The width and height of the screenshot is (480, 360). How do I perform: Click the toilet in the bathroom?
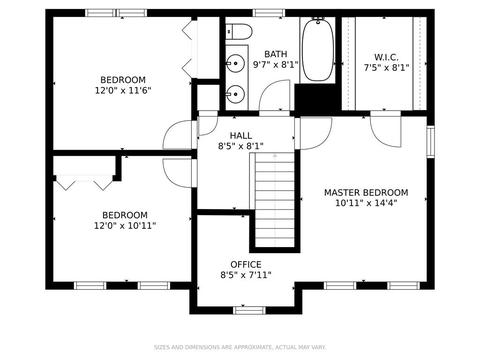[x=239, y=32]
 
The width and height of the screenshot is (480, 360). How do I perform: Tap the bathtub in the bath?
[x=318, y=49]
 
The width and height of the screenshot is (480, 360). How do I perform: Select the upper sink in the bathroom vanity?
[x=235, y=63]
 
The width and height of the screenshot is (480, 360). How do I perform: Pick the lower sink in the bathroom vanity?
[x=236, y=94]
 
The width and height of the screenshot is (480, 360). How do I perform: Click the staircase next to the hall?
[x=273, y=200]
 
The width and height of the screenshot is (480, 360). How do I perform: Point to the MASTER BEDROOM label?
[x=366, y=192]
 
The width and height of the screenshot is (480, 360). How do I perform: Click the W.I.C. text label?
[x=386, y=57]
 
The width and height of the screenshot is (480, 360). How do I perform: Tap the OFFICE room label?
[x=246, y=265]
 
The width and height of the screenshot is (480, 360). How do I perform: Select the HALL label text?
[x=241, y=136]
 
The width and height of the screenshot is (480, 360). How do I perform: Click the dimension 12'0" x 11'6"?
[x=123, y=90]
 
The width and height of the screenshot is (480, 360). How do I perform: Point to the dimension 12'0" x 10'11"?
[x=125, y=226]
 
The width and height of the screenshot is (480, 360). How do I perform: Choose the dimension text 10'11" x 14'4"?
[x=366, y=203]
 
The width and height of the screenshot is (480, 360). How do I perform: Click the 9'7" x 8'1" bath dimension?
[x=275, y=64]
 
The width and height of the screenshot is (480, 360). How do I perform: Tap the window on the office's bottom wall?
[x=249, y=311]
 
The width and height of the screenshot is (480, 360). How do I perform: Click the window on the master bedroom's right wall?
[x=431, y=141]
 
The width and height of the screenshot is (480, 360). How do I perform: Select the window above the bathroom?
[x=269, y=13]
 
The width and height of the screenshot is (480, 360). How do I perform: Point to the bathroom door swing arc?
[x=274, y=96]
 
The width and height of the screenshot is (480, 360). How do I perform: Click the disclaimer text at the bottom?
[x=240, y=347]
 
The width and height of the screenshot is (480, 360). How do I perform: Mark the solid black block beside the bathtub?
[x=315, y=99]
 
